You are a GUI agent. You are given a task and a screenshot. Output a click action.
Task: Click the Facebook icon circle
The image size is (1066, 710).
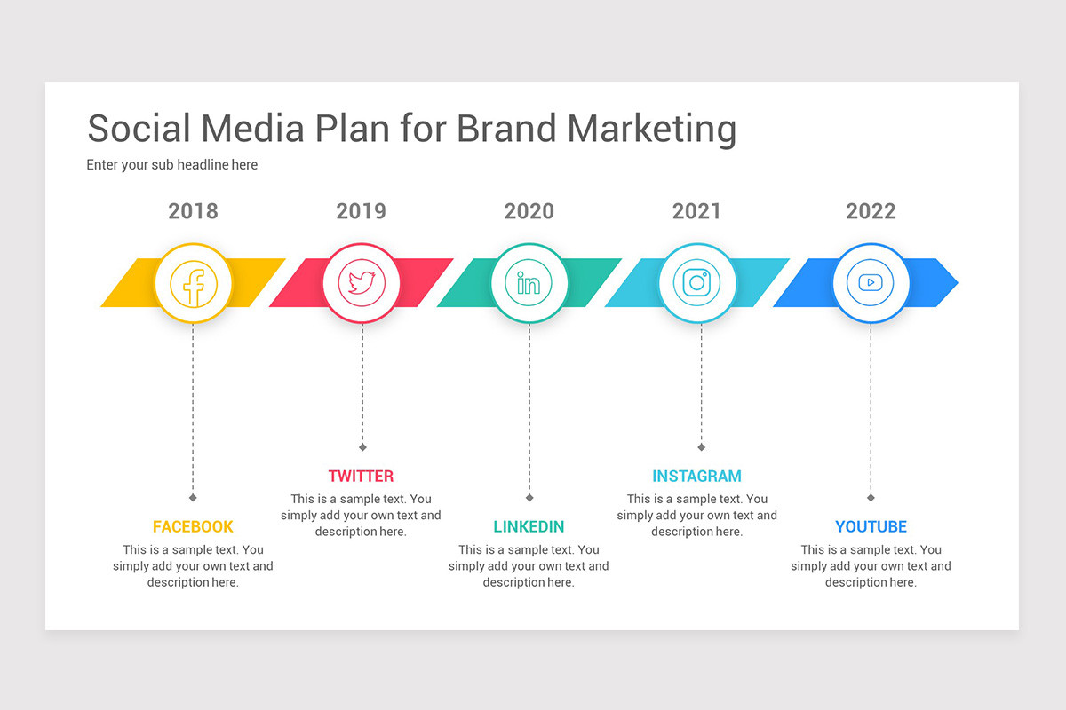[x=193, y=283]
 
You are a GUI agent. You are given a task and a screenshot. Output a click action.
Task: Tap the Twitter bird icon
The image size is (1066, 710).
[x=362, y=283]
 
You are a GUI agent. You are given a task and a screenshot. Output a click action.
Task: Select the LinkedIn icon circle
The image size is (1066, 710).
[x=529, y=283]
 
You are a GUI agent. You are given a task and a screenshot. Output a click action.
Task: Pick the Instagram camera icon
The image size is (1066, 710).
[x=696, y=283]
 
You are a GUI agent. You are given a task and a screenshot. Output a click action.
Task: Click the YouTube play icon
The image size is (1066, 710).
[x=871, y=283]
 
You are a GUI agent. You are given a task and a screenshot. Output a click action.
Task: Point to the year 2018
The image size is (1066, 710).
[x=193, y=211]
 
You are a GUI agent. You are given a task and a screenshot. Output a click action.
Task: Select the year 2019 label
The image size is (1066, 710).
[x=361, y=211]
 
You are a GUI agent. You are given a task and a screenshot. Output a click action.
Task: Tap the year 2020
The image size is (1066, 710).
[x=529, y=211]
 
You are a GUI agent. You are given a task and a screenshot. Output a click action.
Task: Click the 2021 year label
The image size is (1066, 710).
[x=696, y=211]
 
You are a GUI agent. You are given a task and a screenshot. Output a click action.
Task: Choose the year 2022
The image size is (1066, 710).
[x=871, y=211]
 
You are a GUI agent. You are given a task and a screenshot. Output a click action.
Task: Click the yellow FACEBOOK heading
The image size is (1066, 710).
[x=193, y=526]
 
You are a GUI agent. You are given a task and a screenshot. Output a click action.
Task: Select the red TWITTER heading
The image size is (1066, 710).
[x=361, y=476]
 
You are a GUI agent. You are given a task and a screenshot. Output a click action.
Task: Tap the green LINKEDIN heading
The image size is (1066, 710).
[x=529, y=526]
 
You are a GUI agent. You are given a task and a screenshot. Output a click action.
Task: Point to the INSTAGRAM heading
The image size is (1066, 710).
[x=696, y=476]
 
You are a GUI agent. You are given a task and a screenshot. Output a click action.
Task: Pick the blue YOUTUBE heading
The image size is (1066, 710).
[x=871, y=526]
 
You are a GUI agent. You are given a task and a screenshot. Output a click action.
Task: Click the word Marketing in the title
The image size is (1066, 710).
[x=652, y=130]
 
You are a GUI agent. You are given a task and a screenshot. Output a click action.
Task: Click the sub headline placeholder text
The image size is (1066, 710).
[x=172, y=164]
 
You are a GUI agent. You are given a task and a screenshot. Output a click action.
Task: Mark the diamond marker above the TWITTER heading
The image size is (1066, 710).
[x=362, y=446]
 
